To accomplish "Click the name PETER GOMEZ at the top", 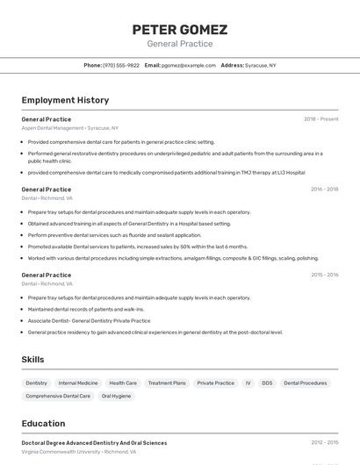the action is (x=179, y=30).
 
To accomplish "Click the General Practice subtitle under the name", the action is (x=179, y=44).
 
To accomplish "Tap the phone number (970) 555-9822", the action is (x=121, y=65).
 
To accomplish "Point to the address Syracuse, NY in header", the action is (x=261, y=65).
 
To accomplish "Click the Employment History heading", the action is (x=65, y=100).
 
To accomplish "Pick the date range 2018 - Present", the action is (x=320, y=119).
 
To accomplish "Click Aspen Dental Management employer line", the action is (x=69, y=128).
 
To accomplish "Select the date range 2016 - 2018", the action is (x=324, y=189).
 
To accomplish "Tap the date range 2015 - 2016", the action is (x=324, y=275).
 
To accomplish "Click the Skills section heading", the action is (x=32, y=360).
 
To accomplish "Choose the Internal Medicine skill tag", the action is (x=78, y=383).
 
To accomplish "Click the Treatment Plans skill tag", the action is (x=167, y=383).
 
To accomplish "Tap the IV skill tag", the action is (x=248, y=383).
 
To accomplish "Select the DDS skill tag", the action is (x=267, y=383).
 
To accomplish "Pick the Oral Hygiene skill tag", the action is (x=116, y=397).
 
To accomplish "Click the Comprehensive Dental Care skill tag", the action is (x=58, y=397).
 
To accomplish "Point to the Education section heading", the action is (x=43, y=424).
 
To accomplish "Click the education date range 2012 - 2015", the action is (x=324, y=443).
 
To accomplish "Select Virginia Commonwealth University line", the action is (x=77, y=452).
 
